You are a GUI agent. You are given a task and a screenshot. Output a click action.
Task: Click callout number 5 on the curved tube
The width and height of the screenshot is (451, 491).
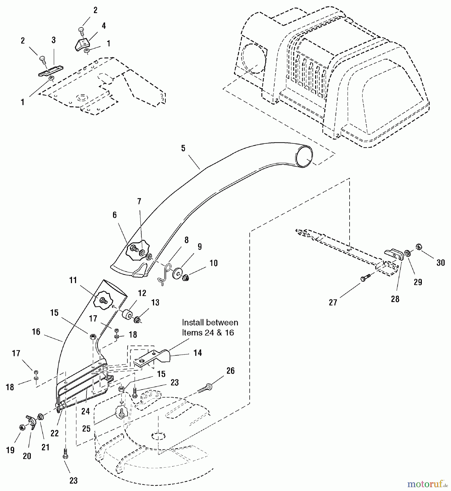[x=183, y=148]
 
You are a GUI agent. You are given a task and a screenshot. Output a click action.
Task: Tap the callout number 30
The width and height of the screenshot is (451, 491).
[x=441, y=263]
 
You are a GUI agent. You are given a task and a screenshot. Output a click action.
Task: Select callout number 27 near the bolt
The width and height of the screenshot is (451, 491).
[x=333, y=302]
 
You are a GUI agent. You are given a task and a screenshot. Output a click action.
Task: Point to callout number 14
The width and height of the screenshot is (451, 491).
[x=197, y=353]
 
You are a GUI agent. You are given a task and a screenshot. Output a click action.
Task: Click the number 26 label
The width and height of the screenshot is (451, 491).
[x=230, y=371]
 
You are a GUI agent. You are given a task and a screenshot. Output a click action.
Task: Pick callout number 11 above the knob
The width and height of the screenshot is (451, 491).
[x=73, y=280]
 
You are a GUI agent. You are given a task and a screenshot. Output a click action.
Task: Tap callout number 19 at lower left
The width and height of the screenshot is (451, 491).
[x=10, y=450]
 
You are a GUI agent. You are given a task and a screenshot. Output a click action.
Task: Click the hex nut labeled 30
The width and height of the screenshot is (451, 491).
[x=419, y=247]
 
